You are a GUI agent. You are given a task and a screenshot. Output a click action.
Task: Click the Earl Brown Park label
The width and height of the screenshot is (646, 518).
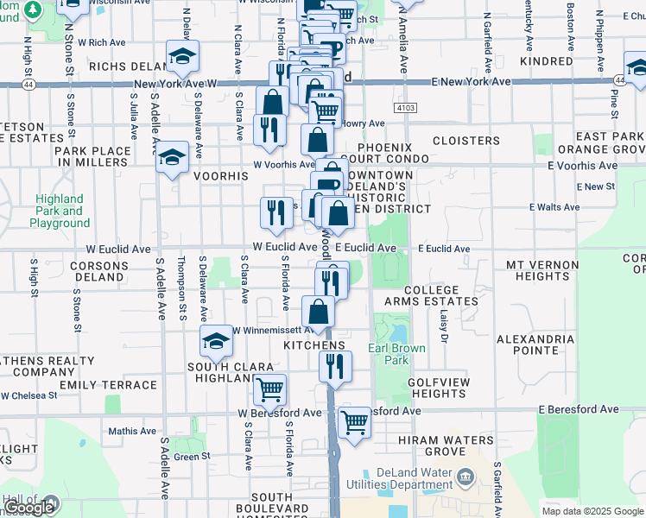[389, 354]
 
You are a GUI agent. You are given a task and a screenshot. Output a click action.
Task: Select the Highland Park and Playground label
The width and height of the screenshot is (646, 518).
[60, 211]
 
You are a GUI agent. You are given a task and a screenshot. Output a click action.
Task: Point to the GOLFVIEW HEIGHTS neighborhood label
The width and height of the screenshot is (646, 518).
[438, 387]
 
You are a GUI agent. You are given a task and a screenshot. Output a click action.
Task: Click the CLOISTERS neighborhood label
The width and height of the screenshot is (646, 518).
[465, 140]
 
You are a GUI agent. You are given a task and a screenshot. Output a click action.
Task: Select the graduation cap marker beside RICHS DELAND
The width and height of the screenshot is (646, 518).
[182, 58]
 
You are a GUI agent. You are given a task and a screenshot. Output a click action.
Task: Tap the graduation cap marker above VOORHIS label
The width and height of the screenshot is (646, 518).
[172, 158]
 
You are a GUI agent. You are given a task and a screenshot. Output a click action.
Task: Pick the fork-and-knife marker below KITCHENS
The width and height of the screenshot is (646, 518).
[335, 366]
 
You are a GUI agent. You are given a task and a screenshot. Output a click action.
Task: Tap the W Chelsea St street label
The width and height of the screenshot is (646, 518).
[28, 395]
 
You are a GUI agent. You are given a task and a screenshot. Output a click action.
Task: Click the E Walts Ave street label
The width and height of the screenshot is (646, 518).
[554, 207]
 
